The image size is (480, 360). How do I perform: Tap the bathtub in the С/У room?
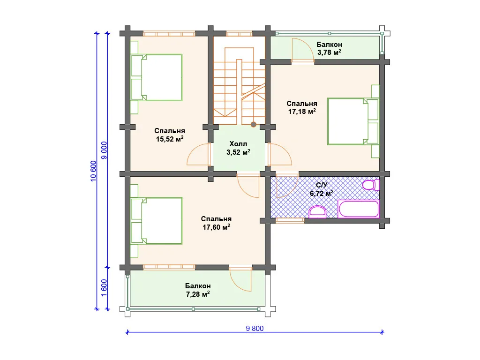pos(359,209)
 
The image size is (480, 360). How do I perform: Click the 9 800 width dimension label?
pos(255,329)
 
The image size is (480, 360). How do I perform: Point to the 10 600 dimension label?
pos(94,171)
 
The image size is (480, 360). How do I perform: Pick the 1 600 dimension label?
pos(104,288)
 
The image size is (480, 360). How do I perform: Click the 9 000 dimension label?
pos(104,150)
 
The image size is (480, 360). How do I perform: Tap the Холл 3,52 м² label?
pos(239,148)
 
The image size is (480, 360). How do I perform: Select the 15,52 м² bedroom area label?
pos(170,139)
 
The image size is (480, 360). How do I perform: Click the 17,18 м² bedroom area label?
pos(302,111)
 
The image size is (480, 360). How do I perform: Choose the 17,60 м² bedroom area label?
pos(216,227)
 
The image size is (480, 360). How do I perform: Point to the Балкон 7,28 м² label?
pos(198,290)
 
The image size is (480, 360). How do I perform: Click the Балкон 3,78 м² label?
pos(330,48)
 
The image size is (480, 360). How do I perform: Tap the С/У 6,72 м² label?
pos(322,189)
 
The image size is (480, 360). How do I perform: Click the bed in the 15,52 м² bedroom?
pos(157,77)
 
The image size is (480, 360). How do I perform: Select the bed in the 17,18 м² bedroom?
pos(353,121)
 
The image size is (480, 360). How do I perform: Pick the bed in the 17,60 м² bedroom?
pos(157,221)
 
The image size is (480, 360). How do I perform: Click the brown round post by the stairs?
pos(254,124)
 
